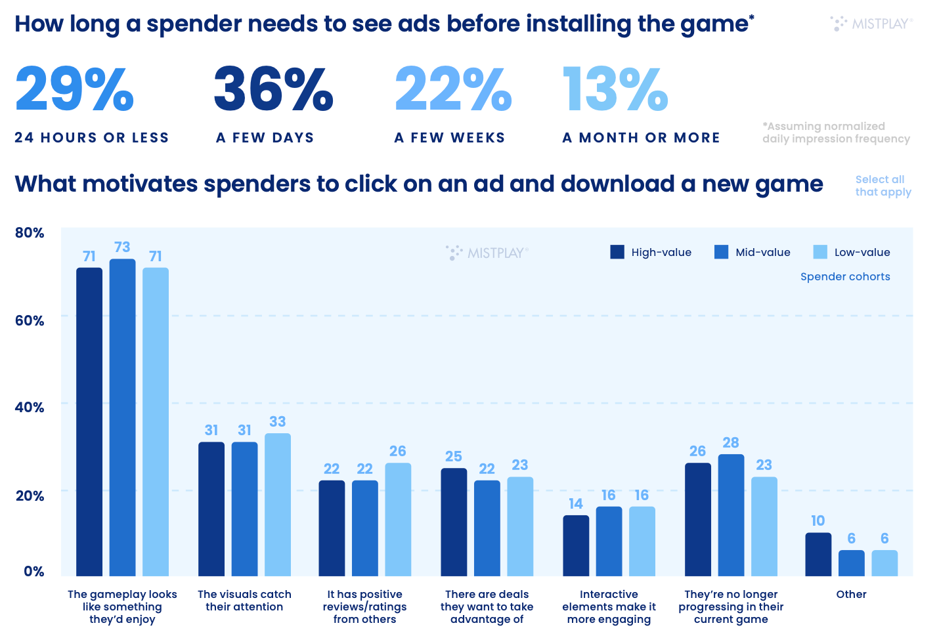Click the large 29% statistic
(x=74, y=89)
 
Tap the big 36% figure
(x=273, y=89)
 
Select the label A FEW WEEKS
(x=450, y=138)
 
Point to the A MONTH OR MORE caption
(x=641, y=138)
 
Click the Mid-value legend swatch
(x=721, y=252)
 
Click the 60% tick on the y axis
(x=30, y=320)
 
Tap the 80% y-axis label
(x=30, y=233)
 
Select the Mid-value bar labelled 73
(x=122, y=417)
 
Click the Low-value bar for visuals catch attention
(x=278, y=504)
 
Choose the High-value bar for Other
(x=818, y=554)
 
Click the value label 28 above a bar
(x=731, y=443)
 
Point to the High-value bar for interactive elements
(x=576, y=545)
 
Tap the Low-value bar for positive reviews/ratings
(x=398, y=519)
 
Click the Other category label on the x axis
(x=851, y=594)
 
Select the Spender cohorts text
(x=845, y=277)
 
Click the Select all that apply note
(x=883, y=186)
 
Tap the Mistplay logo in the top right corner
(x=871, y=24)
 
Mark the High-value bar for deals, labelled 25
(x=454, y=522)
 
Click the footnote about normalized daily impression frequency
(x=836, y=133)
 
